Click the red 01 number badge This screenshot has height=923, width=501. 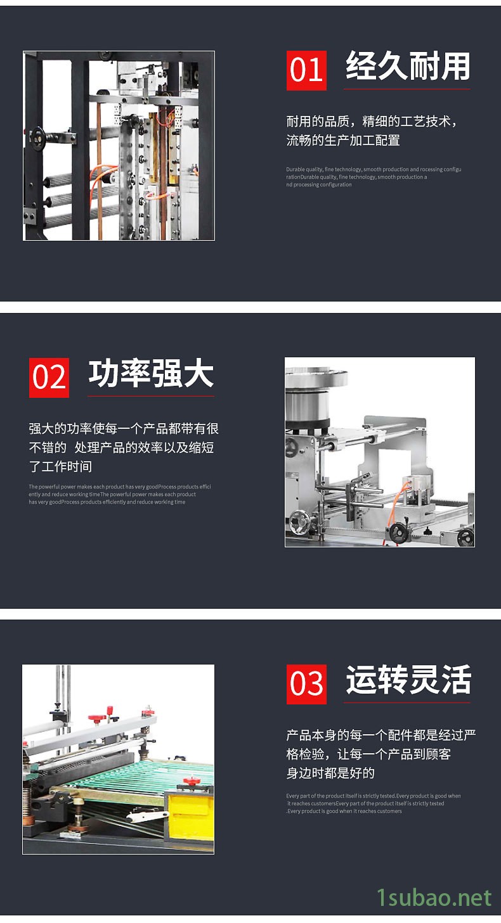coord(306,70)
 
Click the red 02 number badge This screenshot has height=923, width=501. coord(49,378)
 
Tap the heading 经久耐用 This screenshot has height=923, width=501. coord(408,67)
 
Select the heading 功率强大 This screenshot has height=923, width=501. coord(151,374)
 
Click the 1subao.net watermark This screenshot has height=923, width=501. coord(434,897)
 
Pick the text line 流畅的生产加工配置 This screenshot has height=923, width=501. coord(343,141)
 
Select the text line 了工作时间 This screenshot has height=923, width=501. coord(60,467)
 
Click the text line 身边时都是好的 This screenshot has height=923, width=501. coord(330,773)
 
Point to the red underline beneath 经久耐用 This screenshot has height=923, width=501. coord(407,89)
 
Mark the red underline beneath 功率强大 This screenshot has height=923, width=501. coord(151,397)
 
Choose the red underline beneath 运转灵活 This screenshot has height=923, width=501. coord(407,703)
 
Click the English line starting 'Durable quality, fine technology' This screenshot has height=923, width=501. coord(374,170)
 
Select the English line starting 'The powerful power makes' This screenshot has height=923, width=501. coord(120,487)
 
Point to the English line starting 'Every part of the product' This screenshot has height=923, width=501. coord(373,796)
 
